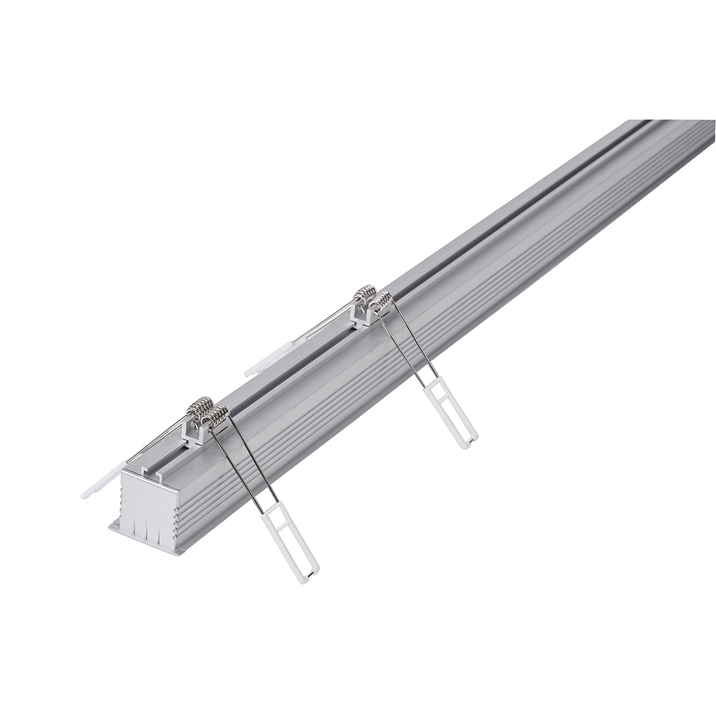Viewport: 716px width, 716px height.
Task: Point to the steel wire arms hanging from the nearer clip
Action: [x=246, y=458]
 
